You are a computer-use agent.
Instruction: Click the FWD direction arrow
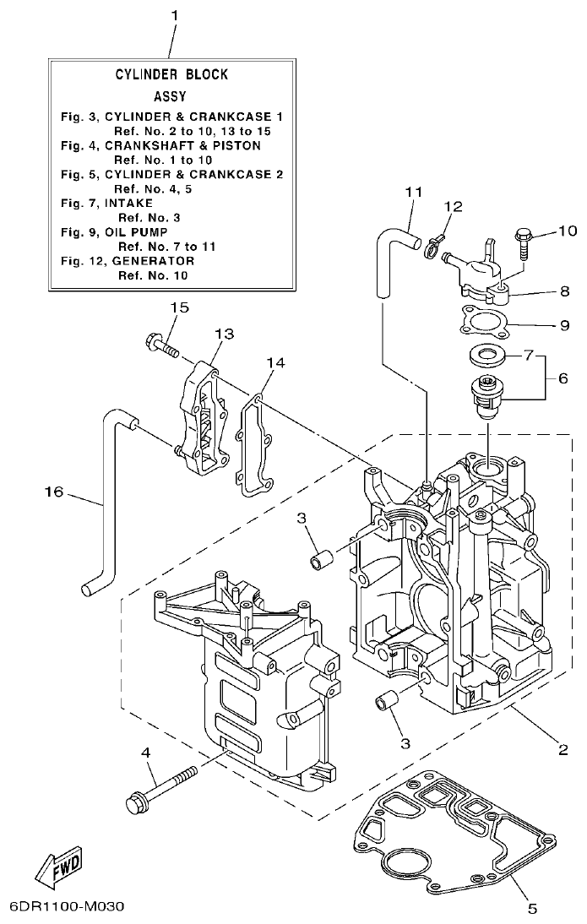60,866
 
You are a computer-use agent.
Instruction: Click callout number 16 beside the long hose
54,492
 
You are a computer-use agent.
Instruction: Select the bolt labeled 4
160,785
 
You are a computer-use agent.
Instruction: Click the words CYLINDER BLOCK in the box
171,75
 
